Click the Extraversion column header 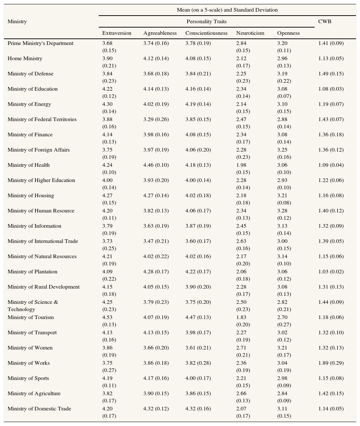116,33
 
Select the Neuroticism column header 250,33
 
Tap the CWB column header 324,21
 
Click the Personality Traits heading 206,21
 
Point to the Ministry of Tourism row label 30,317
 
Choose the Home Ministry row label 25,58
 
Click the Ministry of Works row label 29,363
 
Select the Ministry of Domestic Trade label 39,409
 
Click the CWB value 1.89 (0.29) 331,363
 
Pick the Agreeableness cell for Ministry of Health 156,165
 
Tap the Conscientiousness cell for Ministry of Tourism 198,317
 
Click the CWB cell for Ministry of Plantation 331,272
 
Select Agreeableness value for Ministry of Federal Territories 156,119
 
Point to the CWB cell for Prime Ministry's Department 331,43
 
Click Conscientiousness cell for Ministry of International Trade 198,241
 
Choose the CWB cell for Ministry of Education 331,89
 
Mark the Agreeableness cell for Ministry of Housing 156,195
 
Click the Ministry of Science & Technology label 33,306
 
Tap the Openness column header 288,33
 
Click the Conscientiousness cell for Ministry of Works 198,363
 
